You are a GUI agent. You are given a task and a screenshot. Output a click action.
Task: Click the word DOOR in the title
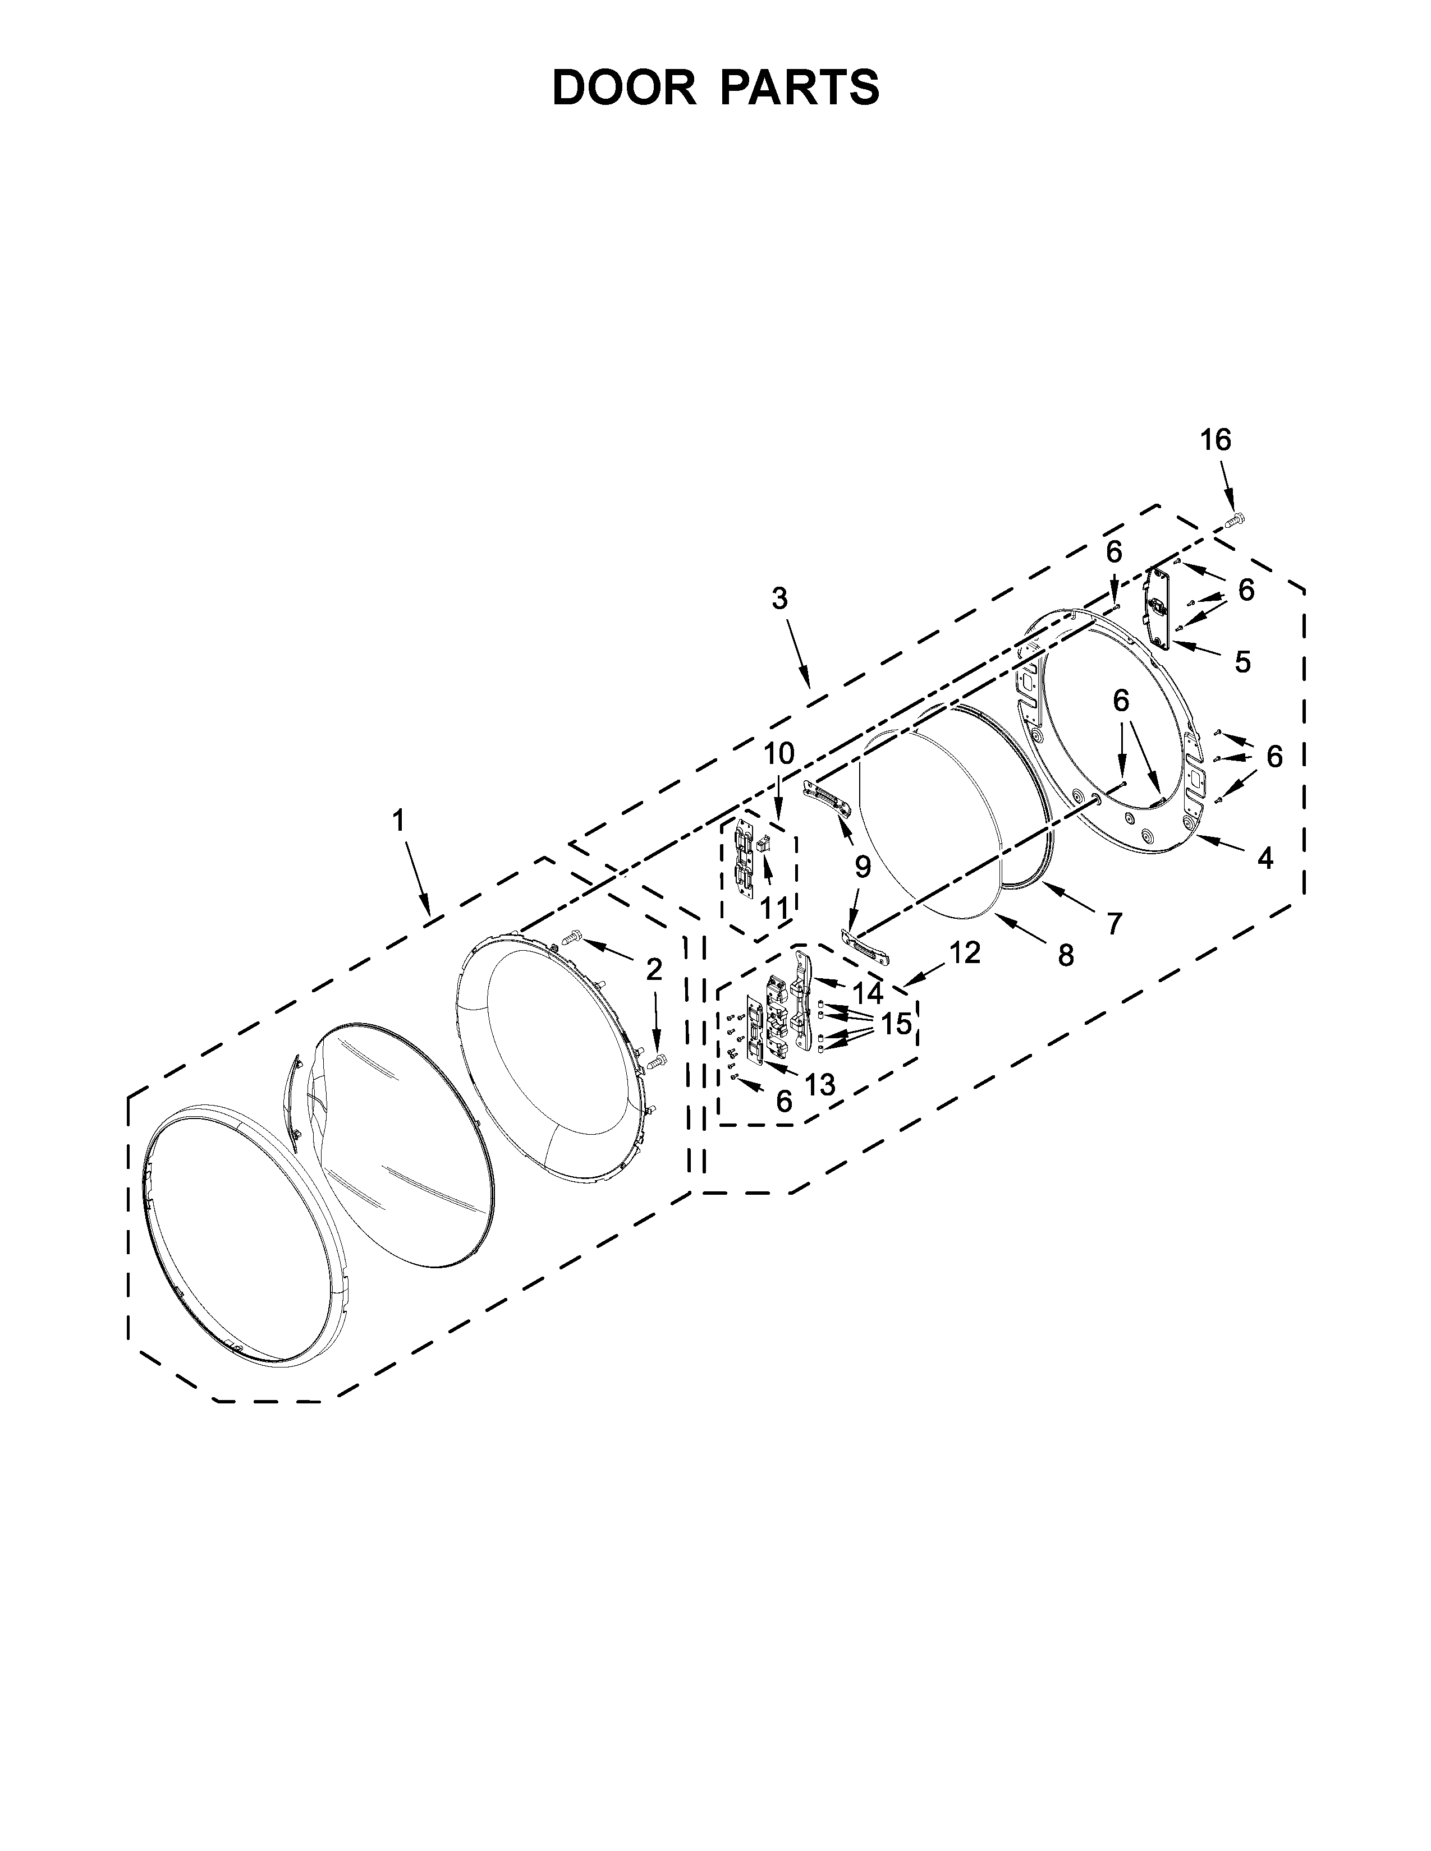tap(623, 88)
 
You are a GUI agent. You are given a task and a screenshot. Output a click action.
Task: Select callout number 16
tap(1215, 440)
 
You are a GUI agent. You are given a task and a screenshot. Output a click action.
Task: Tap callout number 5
tap(1242, 662)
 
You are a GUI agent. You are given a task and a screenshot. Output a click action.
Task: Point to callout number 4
tap(1264, 859)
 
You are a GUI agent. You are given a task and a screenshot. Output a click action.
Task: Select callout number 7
tap(1114, 922)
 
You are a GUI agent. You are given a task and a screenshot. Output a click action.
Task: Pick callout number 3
tap(779, 598)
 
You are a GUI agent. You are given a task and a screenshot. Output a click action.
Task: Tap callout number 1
tap(398, 821)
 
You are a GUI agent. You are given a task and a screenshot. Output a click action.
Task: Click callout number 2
tap(654, 970)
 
